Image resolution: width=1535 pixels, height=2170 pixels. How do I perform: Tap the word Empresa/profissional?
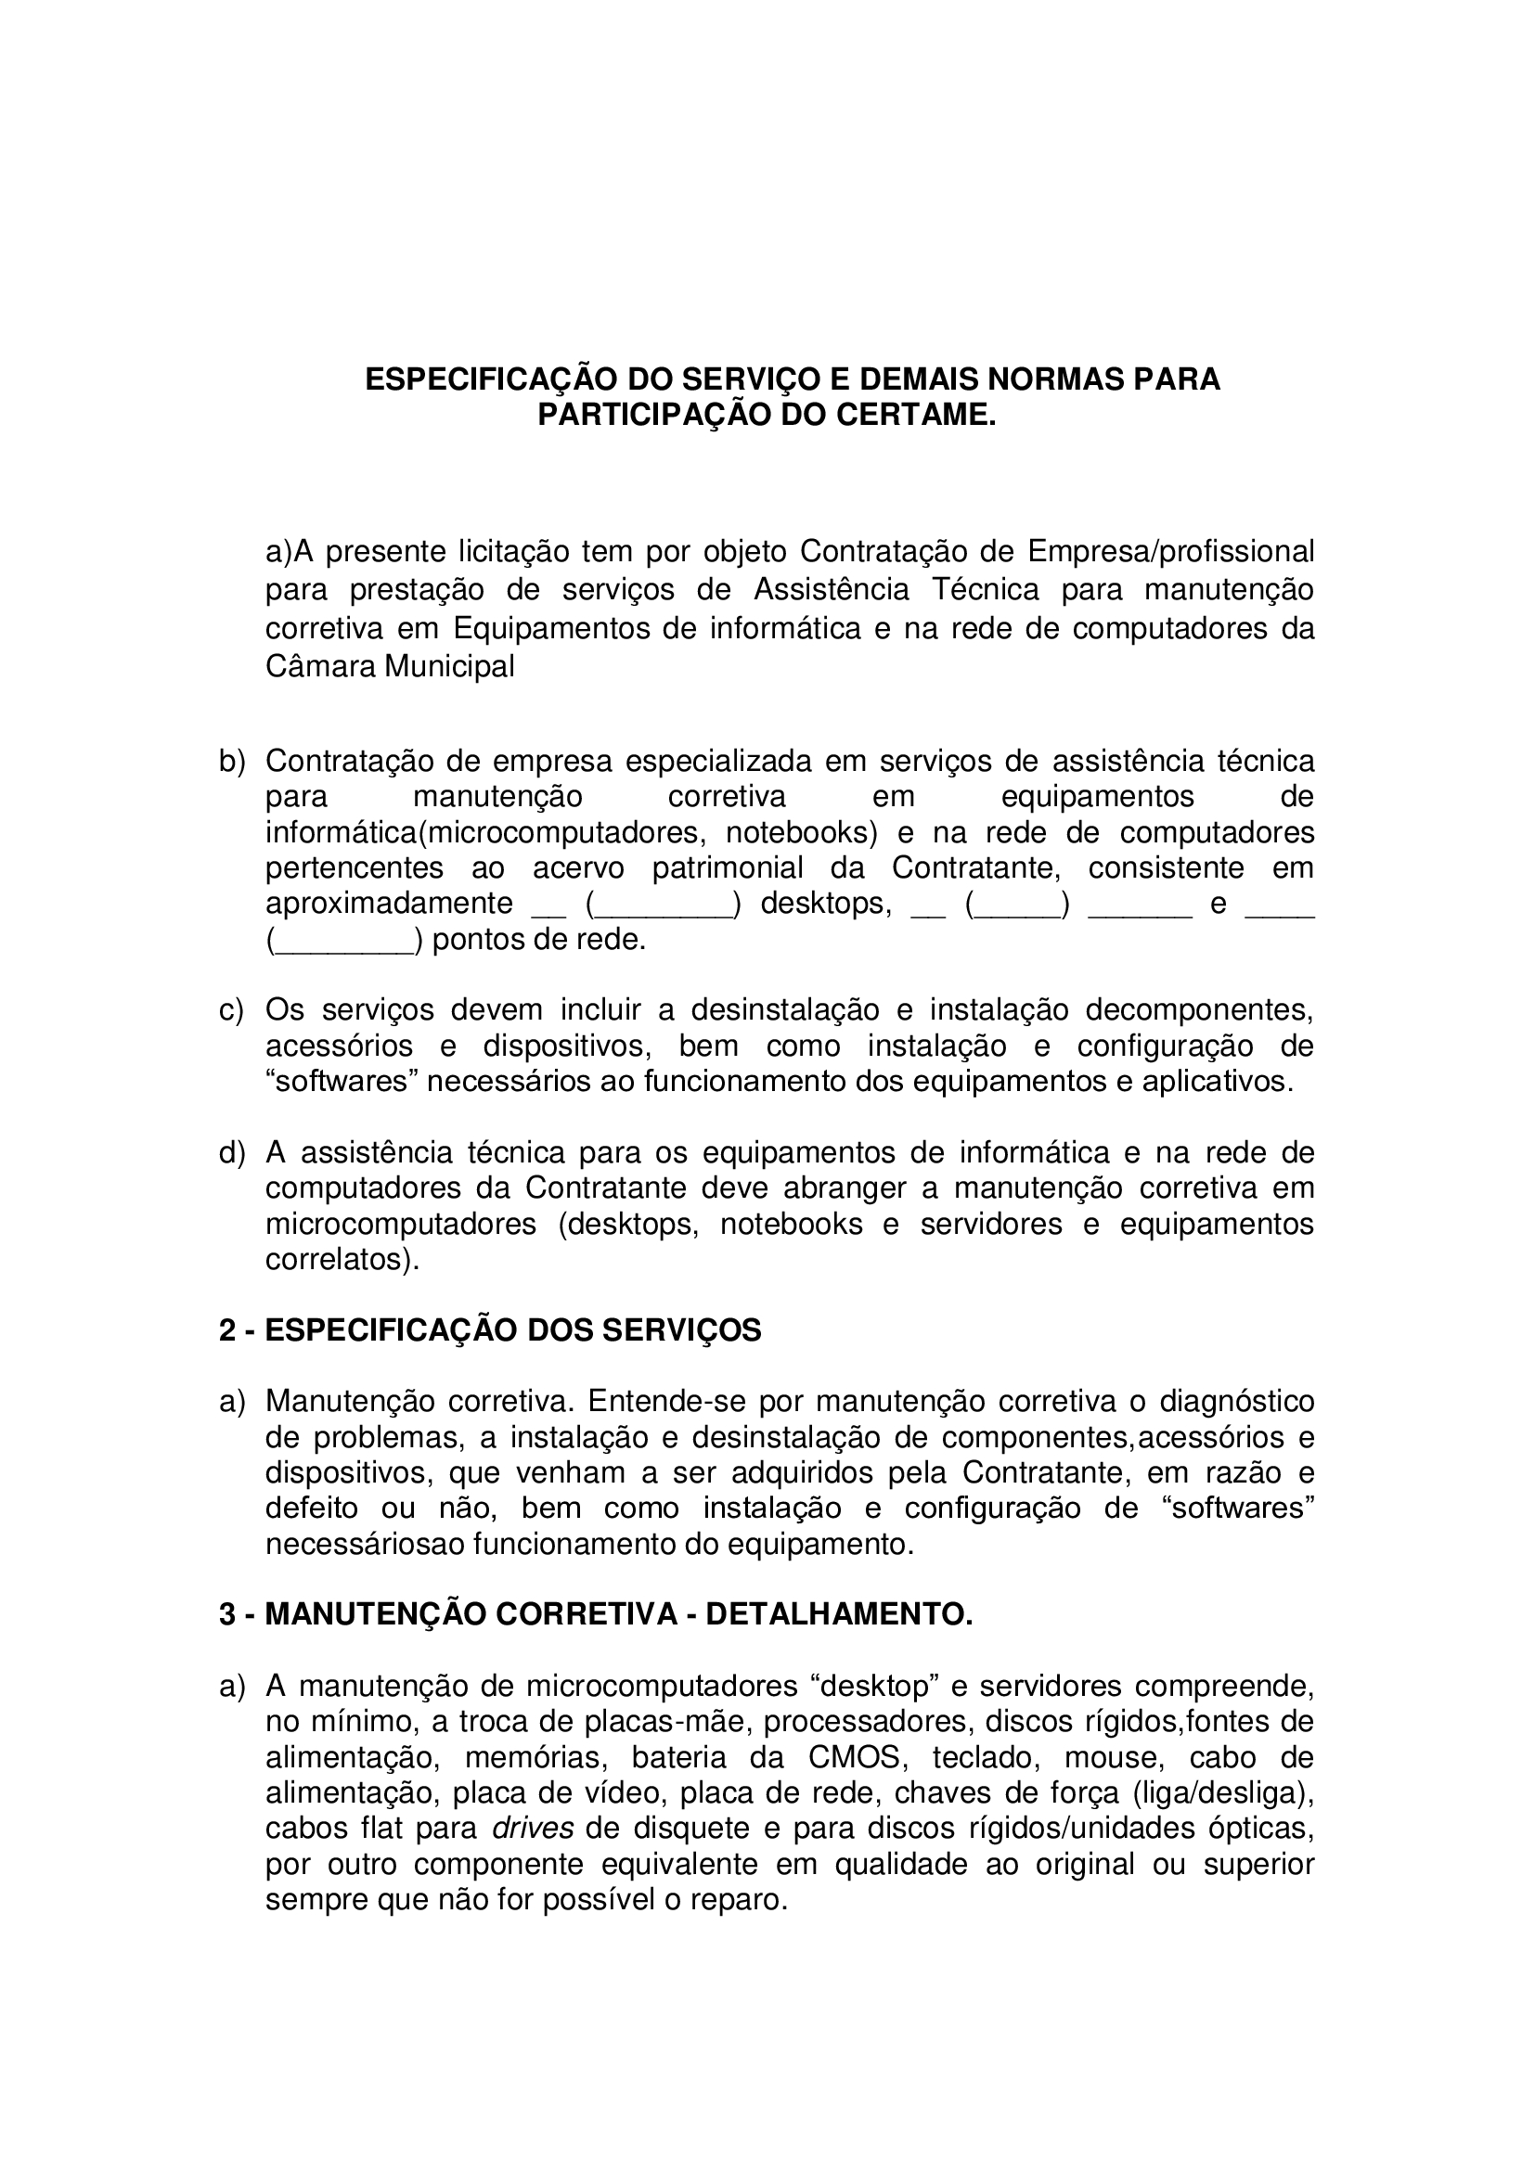pyautogui.click(x=1171, y=550)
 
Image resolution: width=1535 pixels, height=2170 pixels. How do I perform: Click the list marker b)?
pyautogui.click(x=232, y=761)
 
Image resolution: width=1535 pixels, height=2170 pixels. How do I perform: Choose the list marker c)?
pyautogui.click(x=232, y=1010)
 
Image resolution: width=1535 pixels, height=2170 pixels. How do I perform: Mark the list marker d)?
pyautogui.click(x=232, y=1153)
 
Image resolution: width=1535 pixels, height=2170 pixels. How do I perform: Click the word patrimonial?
pyautogui.click(x=727, y=867)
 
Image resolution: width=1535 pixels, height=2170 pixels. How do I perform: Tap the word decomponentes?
pyautogui.click(x=1198, y=1010)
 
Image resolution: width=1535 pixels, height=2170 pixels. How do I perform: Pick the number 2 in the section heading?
pyautogui.click(x=227, y=1330)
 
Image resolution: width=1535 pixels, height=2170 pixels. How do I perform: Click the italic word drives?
pyautogui.click(x=533, y=1829)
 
